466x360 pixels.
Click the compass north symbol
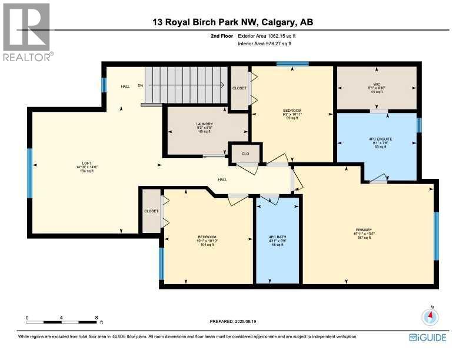(431, 316)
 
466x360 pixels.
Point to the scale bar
(62, 322)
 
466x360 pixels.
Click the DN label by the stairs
(141, 86)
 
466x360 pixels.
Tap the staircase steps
(185, 85)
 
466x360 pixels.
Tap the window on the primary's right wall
(436, 235)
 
